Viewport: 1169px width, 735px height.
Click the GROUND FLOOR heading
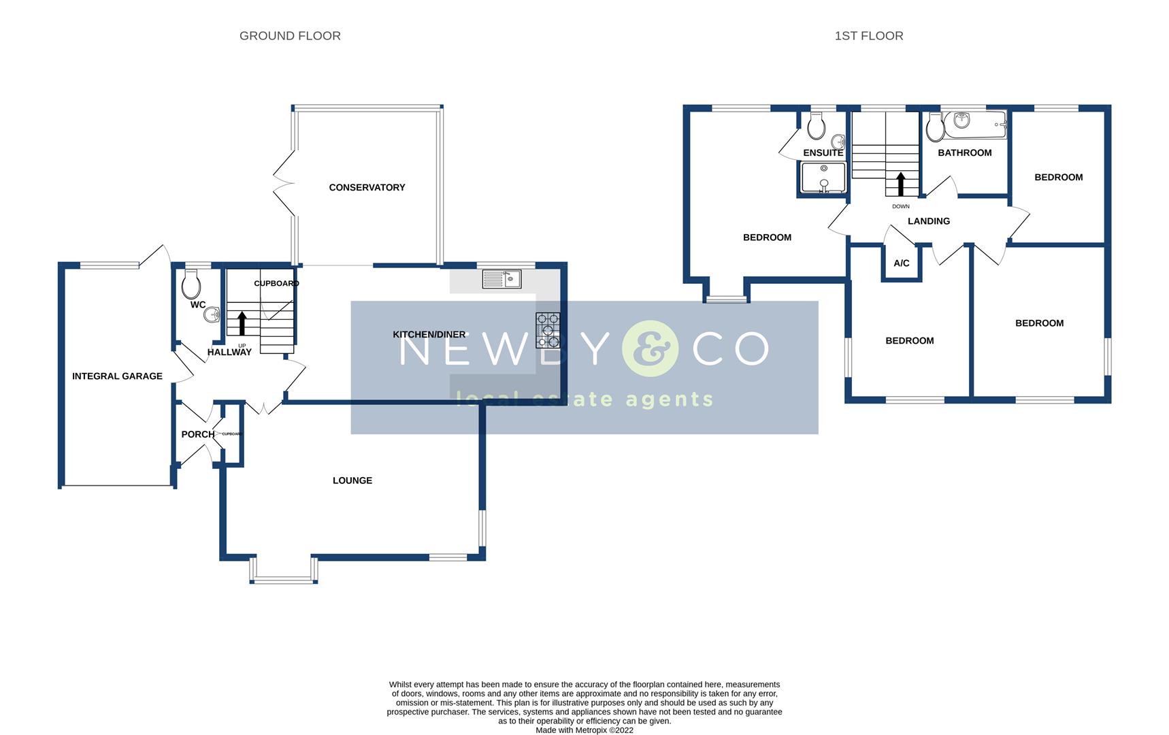[x=290, y=36]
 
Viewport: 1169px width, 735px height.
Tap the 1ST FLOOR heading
[x=869, y=36]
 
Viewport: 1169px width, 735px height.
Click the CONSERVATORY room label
[x=367, y=187]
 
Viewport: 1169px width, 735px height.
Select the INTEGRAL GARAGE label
[x=117, y=376]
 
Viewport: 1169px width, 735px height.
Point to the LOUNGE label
[x=352, y=480]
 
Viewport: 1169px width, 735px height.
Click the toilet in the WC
[x=191, y=284]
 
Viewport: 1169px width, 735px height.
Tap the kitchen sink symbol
[x=501, y=279]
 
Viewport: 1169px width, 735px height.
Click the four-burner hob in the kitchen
[x=548, y=330]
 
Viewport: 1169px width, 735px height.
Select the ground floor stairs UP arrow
[x=242, y=323]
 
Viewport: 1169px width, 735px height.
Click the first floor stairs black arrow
[x=900, y=184]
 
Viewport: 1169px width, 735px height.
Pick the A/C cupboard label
[x=902, y=263]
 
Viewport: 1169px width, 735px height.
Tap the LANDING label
[x=929, y=221]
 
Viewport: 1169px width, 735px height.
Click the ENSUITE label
[x=823, y=153]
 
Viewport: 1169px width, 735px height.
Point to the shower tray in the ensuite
[x=823, y=178]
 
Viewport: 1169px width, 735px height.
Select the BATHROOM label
[x=964, y=152]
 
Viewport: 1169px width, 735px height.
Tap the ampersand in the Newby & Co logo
[x=650, y=349]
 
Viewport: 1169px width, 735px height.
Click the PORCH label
[x=197, y=434]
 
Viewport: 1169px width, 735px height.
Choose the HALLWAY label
[x=229, y=352]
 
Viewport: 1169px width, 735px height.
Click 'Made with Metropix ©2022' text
[x=584, y=730]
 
